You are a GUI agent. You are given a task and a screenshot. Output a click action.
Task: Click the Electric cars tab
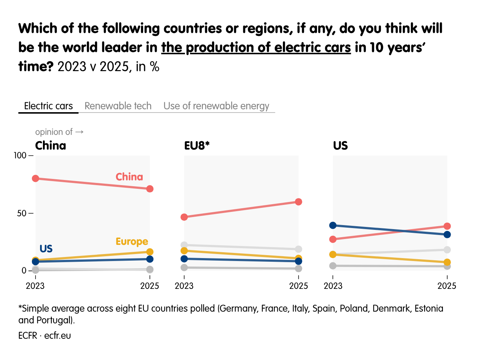click(x=48, y=106)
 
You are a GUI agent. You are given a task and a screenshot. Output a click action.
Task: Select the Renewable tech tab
click(x=118, y=106)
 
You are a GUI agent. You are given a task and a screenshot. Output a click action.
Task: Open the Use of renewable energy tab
click(x=216, y=106)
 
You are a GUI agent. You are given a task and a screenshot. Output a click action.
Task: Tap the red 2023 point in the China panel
click(x=36, y=179)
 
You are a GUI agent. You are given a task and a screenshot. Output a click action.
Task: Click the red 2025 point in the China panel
click(x=150, y=189)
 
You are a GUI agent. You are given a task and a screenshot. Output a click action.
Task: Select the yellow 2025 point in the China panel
click(x=150, y=252)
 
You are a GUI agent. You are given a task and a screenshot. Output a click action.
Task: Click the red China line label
click(x=129, y=177)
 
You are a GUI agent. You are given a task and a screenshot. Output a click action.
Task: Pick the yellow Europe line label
click(x=132, y=242)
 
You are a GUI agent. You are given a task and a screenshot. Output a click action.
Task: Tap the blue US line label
click(x=46, y=249)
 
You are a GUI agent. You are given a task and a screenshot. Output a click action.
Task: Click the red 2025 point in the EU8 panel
click(x=299, y=202)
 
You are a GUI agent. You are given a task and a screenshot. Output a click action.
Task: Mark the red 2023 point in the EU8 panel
click(x=184, y=217)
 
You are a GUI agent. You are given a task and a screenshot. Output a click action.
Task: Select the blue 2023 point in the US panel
click(x=333, y=225)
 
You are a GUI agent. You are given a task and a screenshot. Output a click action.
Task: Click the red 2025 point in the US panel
click(x=447, y=226)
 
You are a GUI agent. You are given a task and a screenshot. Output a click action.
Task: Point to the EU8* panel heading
click(x=197, y=146)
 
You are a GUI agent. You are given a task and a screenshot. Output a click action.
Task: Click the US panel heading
click(x=340, y=146)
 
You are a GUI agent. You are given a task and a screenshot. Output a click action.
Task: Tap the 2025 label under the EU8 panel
click(x=299, y=286)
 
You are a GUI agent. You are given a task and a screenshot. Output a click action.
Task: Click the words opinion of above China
click(x=54, y=132)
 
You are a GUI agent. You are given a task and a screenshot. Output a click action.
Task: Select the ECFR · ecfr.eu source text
click(x=44, y=335)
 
